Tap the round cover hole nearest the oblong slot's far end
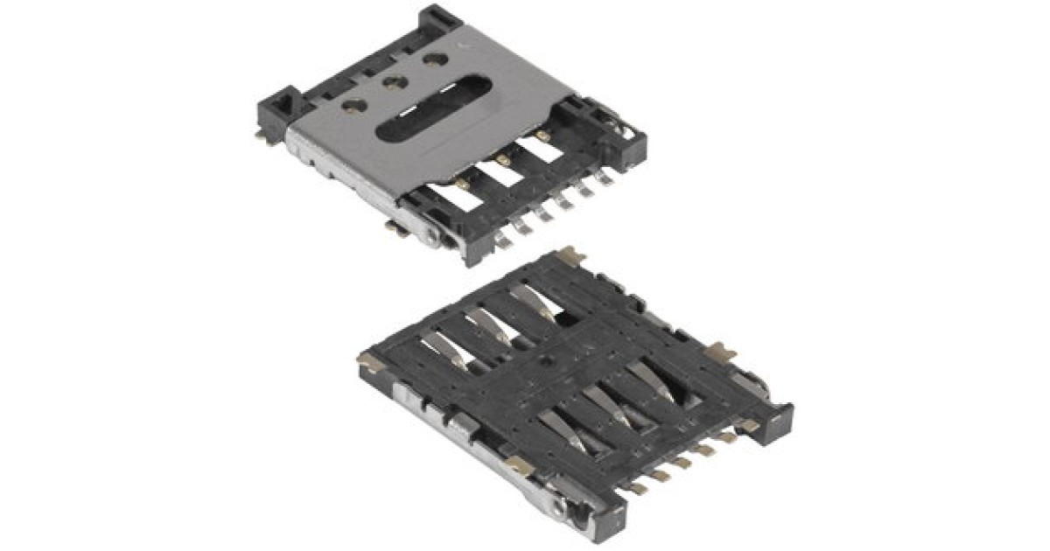point(435,60)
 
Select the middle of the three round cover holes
point(393,82)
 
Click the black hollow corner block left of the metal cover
point(285,108)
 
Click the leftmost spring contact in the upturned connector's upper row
point(442,351)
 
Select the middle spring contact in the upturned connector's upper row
point(486,324)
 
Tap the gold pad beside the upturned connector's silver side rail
point(518,464)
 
